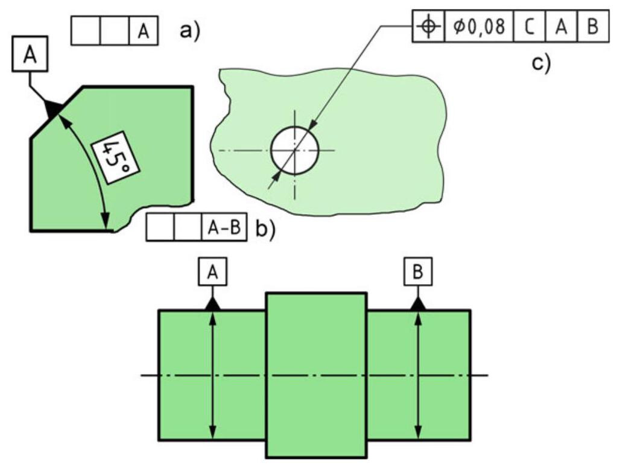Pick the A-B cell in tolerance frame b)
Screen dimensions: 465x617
(224, 229)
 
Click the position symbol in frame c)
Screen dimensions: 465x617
(428, 27)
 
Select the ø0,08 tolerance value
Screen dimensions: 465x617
(479, 27)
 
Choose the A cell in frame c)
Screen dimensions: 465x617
(561, 27)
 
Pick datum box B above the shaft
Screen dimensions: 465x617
(418, 273)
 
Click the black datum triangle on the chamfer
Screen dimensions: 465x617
(52, 109)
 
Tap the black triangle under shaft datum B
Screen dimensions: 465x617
(418, 304)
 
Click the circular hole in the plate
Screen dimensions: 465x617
(294, 151)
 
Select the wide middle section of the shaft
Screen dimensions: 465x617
(316, 374)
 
